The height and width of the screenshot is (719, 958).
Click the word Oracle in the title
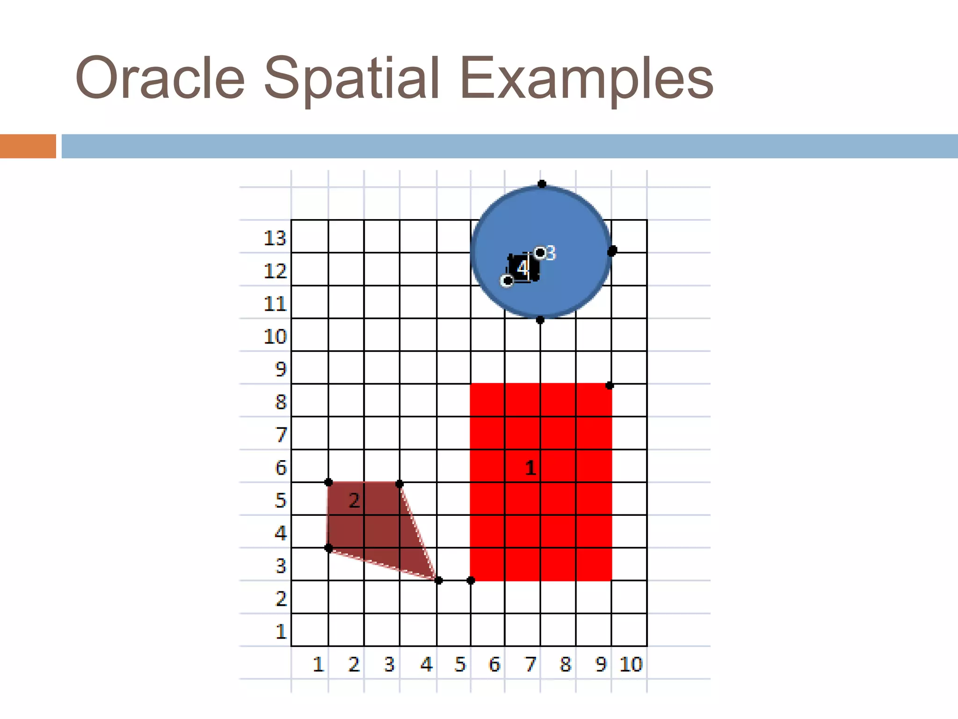click(x=160, y=79)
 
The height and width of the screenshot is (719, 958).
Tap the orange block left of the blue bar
click(x=28, y=146)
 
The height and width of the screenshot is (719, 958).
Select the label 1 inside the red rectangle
click(x=530, y=468)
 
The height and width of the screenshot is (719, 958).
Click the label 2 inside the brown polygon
click(x=354, y=501)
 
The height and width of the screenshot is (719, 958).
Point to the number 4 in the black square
click(x=523, y=268)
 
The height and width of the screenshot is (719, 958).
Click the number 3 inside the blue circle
click(x=551, y=253)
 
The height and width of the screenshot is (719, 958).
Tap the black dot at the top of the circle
click(x=542, y=184)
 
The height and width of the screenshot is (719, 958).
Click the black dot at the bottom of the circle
click(x=540, y=320)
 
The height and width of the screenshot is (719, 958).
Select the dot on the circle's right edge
click(x=612, y=251)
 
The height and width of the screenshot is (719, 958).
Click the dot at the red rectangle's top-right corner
click(x=610, y=385)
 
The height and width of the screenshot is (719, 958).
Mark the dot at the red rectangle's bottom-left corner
click(x=471, y=580)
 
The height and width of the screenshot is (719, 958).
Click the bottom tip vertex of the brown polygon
click(x=438, y=580)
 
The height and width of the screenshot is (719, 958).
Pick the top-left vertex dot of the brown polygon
click(x=328, y=482)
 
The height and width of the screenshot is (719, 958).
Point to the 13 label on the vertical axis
click(x=275, y=238)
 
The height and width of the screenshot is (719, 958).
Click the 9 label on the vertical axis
click(x=280, y=369)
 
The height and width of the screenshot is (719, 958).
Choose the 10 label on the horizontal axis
click(x=631, y=664)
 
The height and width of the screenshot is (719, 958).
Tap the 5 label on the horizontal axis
click(x=460, y=664)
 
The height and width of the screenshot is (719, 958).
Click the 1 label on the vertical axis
click(x=281, y=631)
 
